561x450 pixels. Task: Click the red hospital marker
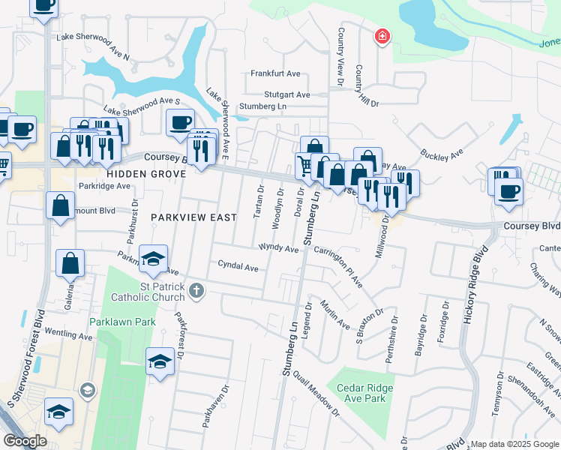click(382, 36)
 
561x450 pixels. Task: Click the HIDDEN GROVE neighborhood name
click(145, 173)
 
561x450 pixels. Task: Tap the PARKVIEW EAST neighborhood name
click(193, 217)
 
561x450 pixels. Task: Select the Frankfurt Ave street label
click(275, 73)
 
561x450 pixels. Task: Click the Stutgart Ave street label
click(286, 94)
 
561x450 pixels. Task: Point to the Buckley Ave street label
click(442, 151)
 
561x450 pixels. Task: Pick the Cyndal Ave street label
click(238, 266)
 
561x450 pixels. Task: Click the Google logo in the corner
click(25, 441)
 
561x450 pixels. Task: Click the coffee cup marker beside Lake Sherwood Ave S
click(181, 122)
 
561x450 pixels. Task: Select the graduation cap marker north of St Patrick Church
click(154, 259)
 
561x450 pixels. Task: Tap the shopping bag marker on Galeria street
click(70, 263)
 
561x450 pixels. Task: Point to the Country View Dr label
click(340, 51)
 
